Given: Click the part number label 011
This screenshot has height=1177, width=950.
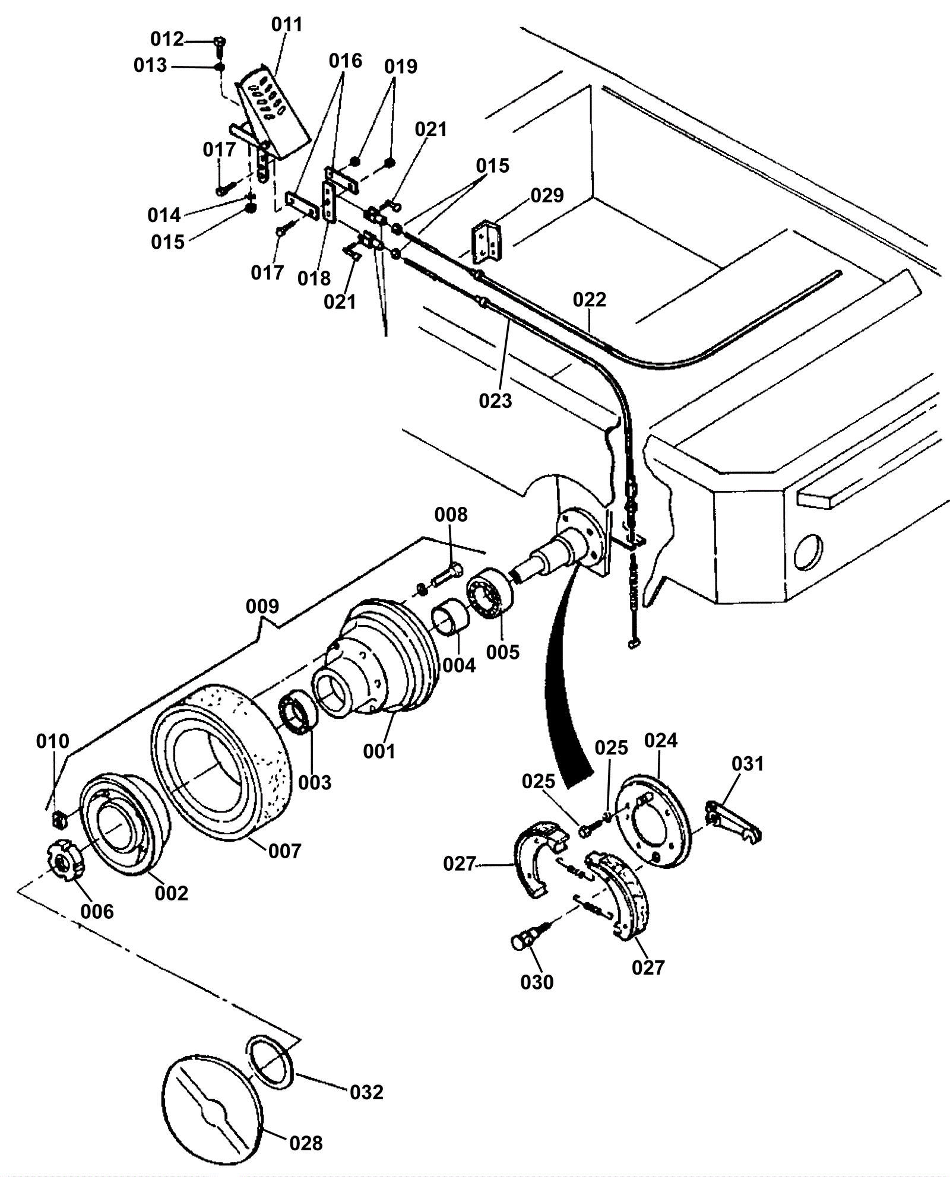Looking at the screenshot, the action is pyautogui.click(x=287, y=25).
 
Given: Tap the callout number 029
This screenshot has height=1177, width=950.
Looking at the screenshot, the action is pyautogui.click(x=547, y=195).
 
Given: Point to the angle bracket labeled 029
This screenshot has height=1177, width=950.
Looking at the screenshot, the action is pyautogui.click(x=486, y=243).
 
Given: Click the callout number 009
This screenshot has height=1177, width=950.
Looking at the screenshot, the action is pyautogui.click(x=262, y=607).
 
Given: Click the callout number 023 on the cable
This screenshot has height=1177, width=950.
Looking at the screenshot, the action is pyautogui.click(x=495, y=401).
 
